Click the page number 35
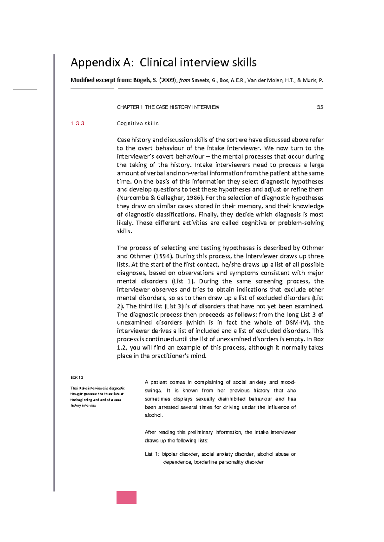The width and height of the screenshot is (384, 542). (x=320, y=107)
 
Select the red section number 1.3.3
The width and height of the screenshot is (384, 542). (x=77, y=124)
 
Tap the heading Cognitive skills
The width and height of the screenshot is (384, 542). (x=138, y=124)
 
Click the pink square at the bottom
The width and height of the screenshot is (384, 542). (x=126, y=497)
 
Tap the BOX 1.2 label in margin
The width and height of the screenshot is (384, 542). (x=77, y=377)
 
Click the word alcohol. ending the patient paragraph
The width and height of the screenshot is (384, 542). (x=154, y=415)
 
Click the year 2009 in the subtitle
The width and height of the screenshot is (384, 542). (x=168, y=81)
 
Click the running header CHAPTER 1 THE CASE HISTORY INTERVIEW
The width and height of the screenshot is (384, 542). (x=168, y=107)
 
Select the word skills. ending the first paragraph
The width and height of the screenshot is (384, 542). (x=124, y=231)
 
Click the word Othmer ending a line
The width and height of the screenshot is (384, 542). (x=313, y=248)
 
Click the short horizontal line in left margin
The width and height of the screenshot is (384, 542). (x=25, y=89)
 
